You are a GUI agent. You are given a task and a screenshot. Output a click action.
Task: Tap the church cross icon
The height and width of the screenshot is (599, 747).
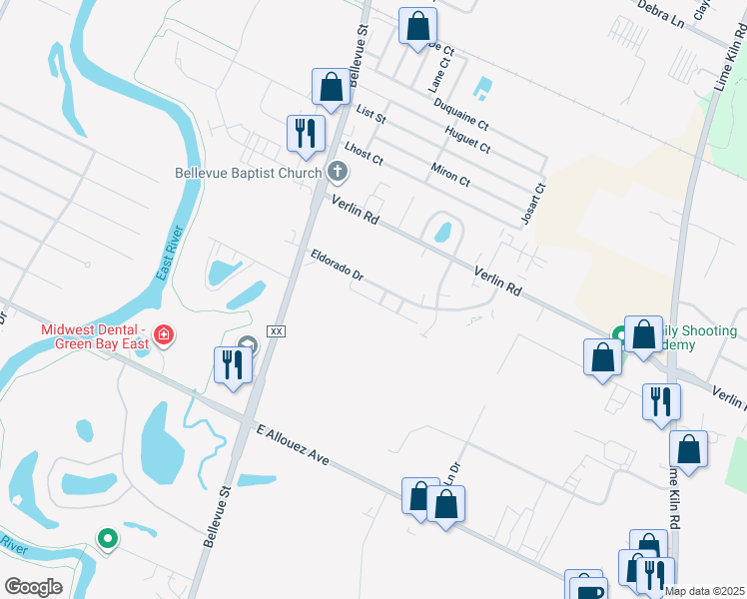tap(337, 173)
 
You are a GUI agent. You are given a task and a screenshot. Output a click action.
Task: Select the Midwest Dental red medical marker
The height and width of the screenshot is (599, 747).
tap(164, 336)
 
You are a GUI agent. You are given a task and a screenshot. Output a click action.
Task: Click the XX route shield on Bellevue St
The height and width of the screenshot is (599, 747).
tap(278, 330)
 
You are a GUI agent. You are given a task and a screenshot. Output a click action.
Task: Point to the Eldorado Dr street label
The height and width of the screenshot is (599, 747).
tap(343, 271)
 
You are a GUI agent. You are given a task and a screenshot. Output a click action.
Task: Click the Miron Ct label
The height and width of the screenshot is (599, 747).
tap(450, 173)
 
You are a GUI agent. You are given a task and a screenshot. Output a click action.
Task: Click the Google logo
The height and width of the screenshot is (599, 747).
tap(33, 587)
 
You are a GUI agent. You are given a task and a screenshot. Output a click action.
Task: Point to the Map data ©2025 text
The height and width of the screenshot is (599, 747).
tap(705, 591)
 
